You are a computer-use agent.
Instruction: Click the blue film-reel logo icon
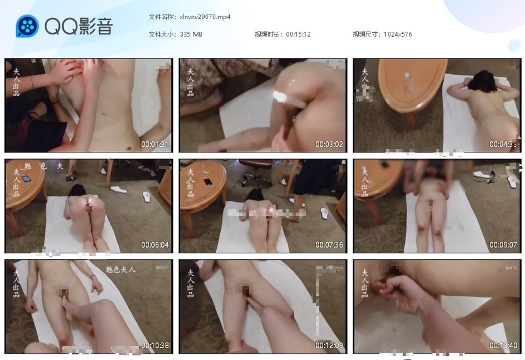27,26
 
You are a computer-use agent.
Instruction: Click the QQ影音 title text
79,26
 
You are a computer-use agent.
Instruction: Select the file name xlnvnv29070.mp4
205,17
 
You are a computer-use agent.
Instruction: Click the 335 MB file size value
191,34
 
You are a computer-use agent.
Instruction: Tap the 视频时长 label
268,34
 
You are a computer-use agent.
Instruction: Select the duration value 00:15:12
298,34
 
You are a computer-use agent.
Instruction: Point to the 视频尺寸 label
366,34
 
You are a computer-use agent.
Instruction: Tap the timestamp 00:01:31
155,144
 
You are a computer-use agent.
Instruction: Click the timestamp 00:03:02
329,144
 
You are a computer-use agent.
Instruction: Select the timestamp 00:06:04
155,245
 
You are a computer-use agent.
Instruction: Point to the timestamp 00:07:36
329,245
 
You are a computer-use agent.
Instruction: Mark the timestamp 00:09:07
503,245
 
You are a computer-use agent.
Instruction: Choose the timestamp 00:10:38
155,345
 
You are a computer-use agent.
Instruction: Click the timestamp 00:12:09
329,345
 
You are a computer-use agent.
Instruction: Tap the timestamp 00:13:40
503,345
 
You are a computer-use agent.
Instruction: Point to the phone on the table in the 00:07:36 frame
207,181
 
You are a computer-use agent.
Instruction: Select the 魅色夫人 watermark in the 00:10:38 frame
121,269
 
